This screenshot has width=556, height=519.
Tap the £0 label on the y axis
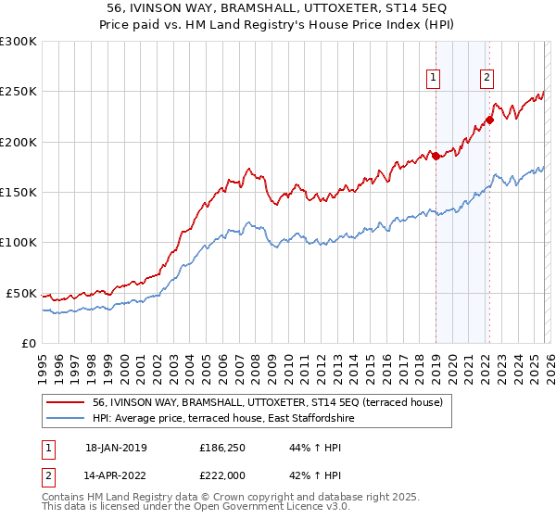28,343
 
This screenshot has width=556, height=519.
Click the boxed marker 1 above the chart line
434,79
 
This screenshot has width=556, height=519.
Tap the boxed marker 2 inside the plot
486,79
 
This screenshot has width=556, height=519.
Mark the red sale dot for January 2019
436,156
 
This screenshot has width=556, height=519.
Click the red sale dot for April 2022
489,120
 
